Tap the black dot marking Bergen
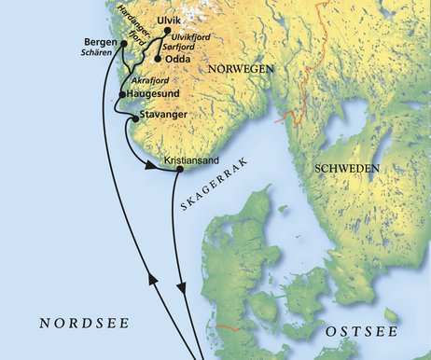pyautogui.click(x=123, y=43)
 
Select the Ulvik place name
pyautogui.click(x=171, y=19)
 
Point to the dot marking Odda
pyautogui.click(x=157, y=59)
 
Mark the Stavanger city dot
pyautogui.click(x=135, y=118)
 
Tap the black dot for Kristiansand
pyautogui.click(x=179, y=170)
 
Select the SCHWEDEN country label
pyautogui.click(x=347, y=169)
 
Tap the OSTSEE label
pyautogui.click(x=361, y=332)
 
